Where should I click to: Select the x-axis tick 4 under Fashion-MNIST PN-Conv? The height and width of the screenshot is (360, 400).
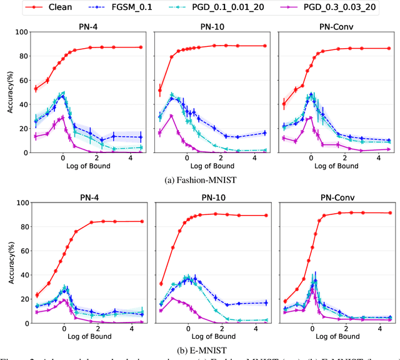click(381, 159)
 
